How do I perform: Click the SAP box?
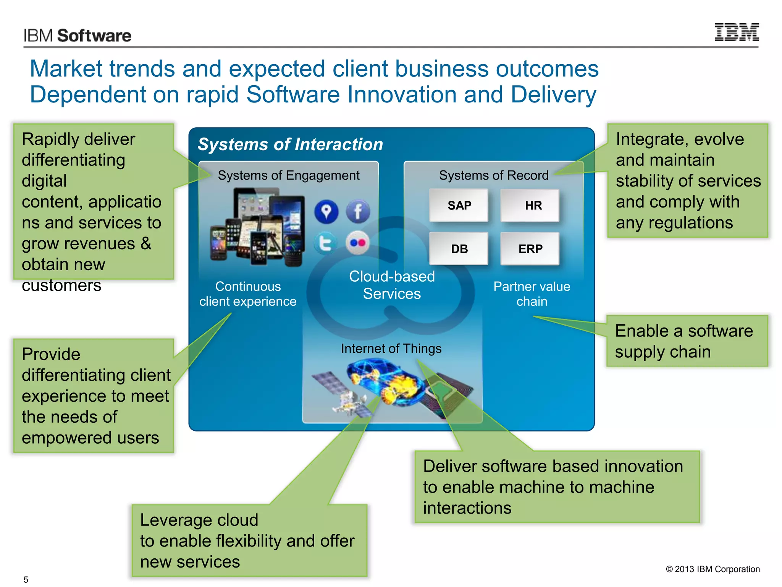click(459, 206)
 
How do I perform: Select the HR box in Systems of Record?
click(530, 206)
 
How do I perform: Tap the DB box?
click(459, 249)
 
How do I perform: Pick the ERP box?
click(530, 249)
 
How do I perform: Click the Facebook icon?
click(358, 211)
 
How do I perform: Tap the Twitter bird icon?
click(325, 243)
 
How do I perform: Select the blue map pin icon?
click(326, 211)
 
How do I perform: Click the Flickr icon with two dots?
click(358, 243)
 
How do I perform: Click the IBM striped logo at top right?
click(736, 32)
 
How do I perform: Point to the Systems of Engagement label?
click(288, 175)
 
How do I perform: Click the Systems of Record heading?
click(493, 175)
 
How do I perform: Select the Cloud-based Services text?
click(392, 285)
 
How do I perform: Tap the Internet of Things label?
click(391, 349)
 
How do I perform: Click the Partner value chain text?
click(532, 294)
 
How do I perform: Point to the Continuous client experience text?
click(248, 294)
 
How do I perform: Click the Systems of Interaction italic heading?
click(290, 144)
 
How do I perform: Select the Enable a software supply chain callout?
click(687, 341)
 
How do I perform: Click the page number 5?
click(26, 579)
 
